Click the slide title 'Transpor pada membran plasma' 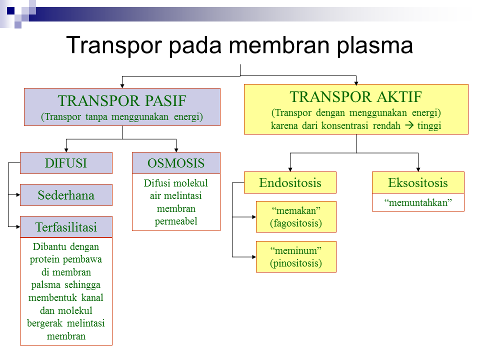(x=239, y=45)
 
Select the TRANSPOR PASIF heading (x=122, y=101)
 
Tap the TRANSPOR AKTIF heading (x=355, y=96)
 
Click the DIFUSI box (x=66, y=163)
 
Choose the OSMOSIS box (x=176, y=163)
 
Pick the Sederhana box (x=66, y=195)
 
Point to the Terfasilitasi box (x=66, y=227)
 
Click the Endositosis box (x=290, y=182)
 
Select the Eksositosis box (x=418, y=182)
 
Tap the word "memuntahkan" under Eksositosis (x=418, y=202)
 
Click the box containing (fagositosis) (x=296, y=217)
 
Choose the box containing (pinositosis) (x=296, y=257)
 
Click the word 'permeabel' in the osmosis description (x=176, y=221)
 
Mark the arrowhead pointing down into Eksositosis (x=418, y=169)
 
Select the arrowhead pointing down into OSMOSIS (x=176, y=149)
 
